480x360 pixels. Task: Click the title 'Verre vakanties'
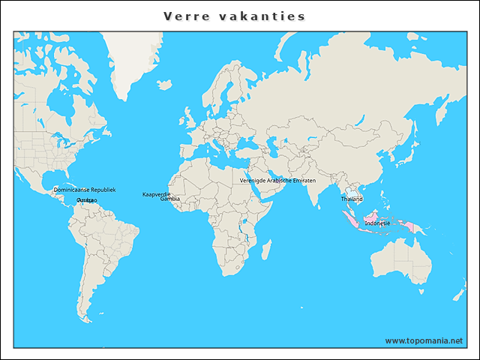[x=234, y=16]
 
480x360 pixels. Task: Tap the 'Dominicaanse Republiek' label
[x=85, y=190]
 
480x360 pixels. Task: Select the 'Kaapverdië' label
[x=156, y=194]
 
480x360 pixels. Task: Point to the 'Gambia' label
[x=170, y=199]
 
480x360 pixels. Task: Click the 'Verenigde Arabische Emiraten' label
[x=277, y=181]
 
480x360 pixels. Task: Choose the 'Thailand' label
[x=352, y=199]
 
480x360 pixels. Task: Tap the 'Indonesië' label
[x=377, y=223]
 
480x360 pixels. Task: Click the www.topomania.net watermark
[x=424, y=340]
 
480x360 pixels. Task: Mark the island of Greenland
[x=135, y=64]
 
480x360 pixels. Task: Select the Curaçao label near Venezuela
[x=86, y=201]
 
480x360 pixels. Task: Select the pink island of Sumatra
[x=349, y=219]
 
